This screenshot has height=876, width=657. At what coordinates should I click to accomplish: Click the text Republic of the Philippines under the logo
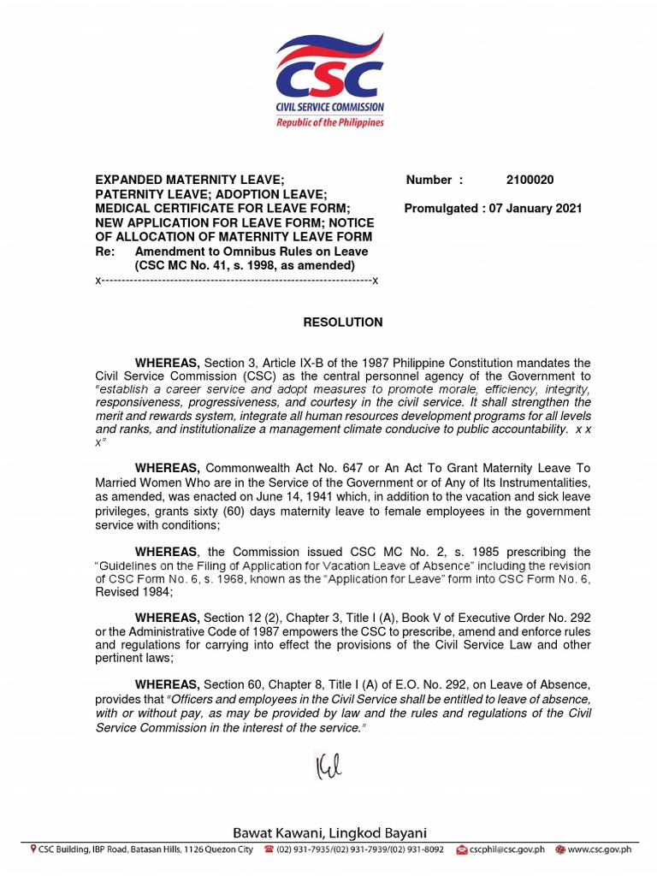pos(329,122)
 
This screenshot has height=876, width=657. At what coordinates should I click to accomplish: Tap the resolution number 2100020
pos(530,180)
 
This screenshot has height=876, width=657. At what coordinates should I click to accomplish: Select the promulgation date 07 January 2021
pos(536,208)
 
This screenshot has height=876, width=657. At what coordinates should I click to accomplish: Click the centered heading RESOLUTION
pos(343,323)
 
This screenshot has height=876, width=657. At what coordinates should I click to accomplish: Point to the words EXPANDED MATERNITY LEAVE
pos(189,180)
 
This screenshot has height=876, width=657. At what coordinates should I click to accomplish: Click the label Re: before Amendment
pos(104,252)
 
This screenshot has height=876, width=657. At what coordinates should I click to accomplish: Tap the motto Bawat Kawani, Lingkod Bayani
pos(329,833)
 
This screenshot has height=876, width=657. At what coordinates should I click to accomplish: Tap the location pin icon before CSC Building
pos(33,850)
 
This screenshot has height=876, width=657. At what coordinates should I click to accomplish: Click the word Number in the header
pos(429,180)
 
